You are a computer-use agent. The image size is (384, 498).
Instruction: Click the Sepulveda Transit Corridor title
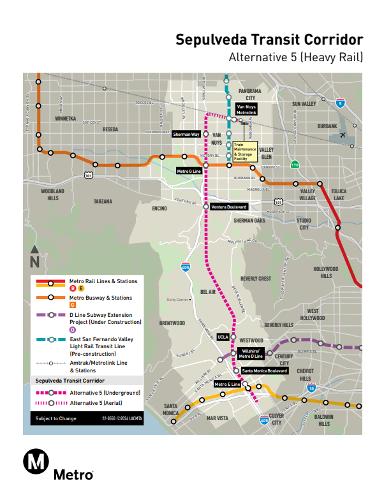[x=269, y=40]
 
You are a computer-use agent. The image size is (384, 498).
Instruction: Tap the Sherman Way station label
[x=187, y=135]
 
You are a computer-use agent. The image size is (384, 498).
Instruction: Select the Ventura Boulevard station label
[x=229, y=207]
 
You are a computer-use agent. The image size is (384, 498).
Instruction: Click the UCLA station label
[x=223, y=337]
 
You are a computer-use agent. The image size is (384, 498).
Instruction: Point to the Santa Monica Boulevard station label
[x=265, y=370]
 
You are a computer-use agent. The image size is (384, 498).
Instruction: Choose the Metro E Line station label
[x=227, y=384]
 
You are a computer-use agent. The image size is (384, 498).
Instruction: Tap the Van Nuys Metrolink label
[x=246, y=109]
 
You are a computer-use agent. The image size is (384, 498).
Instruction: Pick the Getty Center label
[x=178, y=300]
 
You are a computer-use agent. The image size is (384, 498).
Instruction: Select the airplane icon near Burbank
[x=345, y=136]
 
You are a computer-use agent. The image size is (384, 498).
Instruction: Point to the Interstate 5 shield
[x=341, y=103]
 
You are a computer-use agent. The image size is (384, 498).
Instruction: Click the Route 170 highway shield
[x=294, y=165]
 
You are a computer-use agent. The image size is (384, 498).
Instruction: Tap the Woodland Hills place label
[x=52, y=194]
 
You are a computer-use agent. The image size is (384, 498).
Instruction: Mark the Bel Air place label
[x=208, y=291]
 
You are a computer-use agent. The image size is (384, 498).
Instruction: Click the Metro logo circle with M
[x=36, y=462]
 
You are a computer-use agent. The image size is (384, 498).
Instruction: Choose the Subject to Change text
[x=56, y=419]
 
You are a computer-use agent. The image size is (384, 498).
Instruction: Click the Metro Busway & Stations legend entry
[x=100, y=298]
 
